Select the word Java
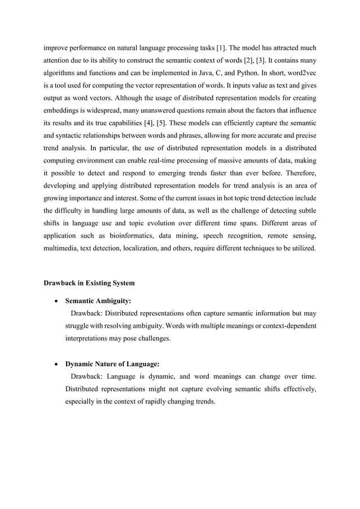point(210,74)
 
